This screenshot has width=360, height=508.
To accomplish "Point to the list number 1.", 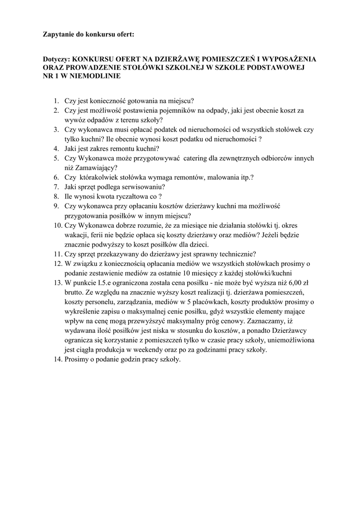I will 57,101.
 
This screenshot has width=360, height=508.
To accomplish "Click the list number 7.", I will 57,187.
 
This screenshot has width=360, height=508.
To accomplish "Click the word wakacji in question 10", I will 76,234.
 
